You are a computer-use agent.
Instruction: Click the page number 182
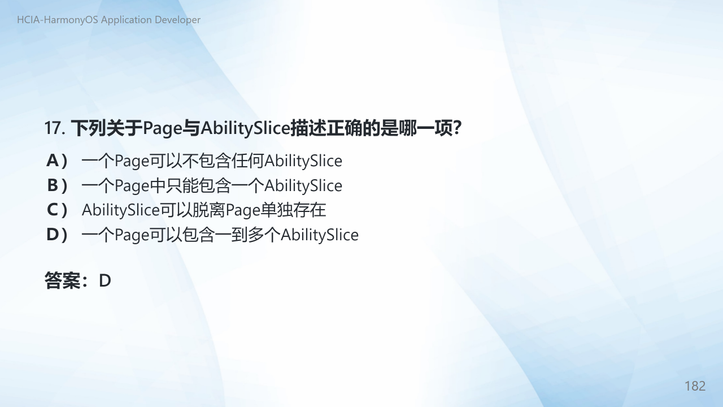coord(695,386)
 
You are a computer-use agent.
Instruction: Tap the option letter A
coord(53,161)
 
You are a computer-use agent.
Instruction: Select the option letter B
coord(53,185)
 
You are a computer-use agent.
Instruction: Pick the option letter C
coord(53,210)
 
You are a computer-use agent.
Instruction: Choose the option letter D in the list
coord(53,235)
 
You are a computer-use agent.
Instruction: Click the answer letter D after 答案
coord(105,281)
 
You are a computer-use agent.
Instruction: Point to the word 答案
coord(63,280)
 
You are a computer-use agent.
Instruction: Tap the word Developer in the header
coord(177,20)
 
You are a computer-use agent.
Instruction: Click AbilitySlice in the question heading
coord(246,128)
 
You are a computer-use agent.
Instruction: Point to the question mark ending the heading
coord(457,128)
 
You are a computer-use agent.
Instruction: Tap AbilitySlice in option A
coord(303,161)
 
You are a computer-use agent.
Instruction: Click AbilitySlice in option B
coord(303,186)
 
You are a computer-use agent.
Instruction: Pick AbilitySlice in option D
coord(320,235)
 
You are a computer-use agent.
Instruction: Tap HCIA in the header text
coord(28,20)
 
